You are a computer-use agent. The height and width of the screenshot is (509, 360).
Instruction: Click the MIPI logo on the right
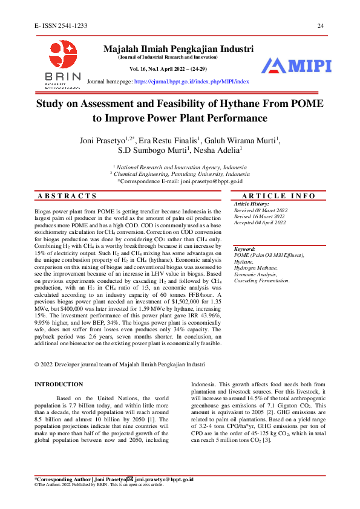pyautogui.click(x=296, y=66)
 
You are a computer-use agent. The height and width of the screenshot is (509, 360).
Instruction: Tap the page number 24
pyautogui.click(x=321, y=25)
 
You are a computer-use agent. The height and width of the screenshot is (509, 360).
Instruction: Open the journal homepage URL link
pyautogui.click(x=191, y=80)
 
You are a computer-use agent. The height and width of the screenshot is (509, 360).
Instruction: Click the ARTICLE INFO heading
pyautogui.click(x=278, y=196)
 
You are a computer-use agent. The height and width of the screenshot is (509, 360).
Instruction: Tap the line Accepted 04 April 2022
pyautogui.click(x=260, y=222)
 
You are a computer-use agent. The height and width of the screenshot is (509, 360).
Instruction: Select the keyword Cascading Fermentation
pyautogui.click(x=262, y=280)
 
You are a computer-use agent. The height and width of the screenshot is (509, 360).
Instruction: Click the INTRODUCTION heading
pyautogui.click(x=59, y=384)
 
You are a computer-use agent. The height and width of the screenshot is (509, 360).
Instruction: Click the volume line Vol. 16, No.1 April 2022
pyautogui.click(x=165, y=70)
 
